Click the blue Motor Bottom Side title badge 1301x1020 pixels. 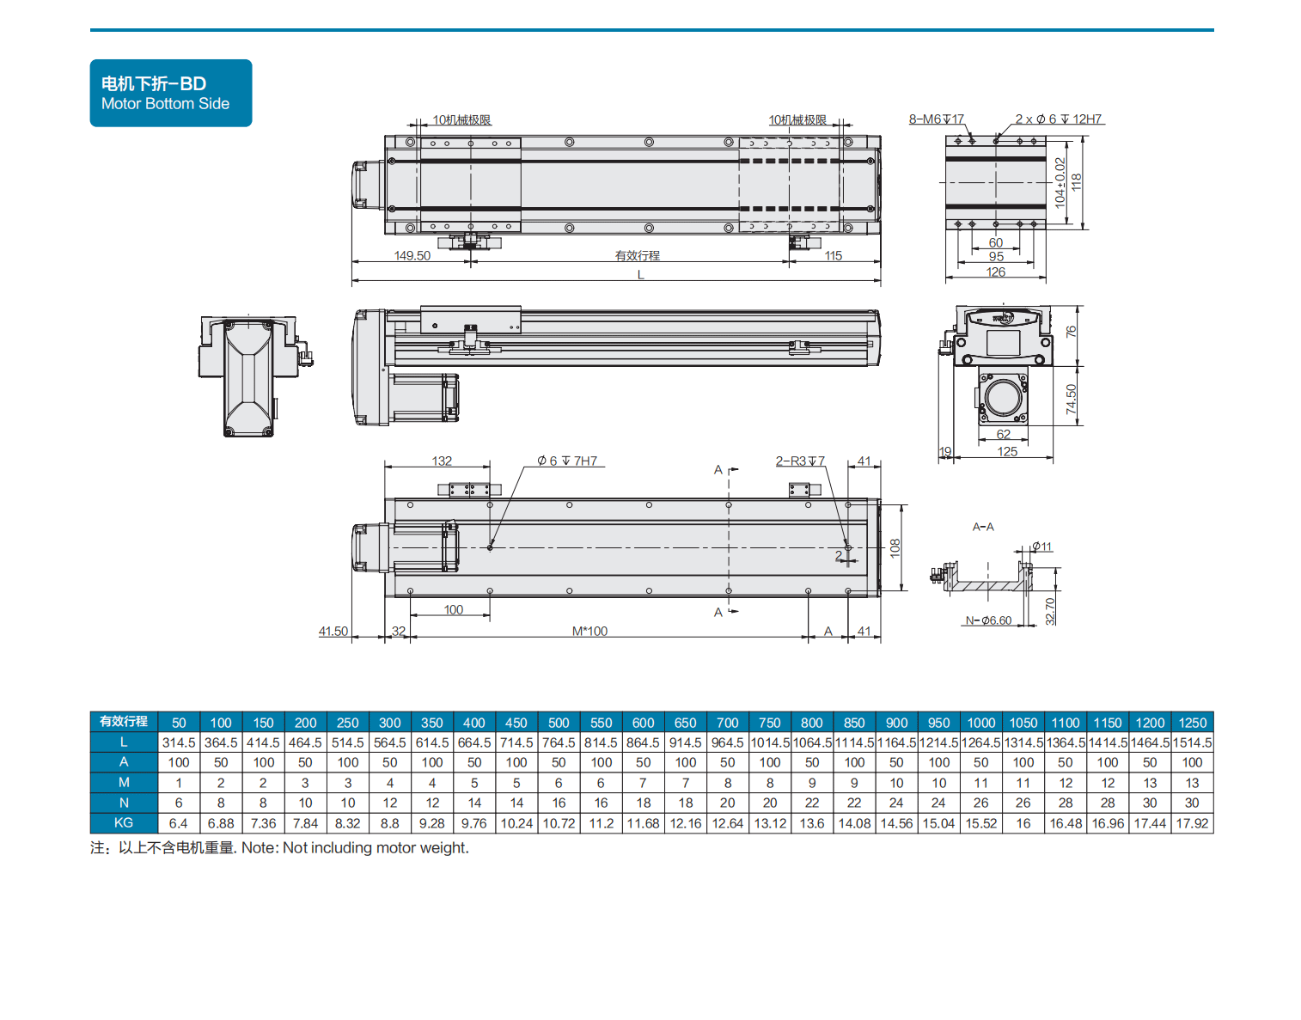point(170,93)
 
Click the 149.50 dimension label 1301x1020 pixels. point(412,256)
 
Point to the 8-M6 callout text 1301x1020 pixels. point(936,119)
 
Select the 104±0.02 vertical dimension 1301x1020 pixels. point(1060,182)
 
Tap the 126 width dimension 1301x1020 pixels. point(996,272)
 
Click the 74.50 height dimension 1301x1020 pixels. point(1072,399)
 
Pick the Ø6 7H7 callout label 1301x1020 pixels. point(567,461)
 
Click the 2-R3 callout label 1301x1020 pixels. point(800,461)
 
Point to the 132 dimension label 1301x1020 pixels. point(442,461)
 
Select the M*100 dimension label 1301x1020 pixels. point(589,632)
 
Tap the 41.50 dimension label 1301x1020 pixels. point(333,632)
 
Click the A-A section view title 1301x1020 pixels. point(983,527)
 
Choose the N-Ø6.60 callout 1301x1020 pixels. point(988,620)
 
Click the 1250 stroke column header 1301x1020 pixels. point(1192,723)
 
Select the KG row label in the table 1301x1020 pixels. point(124,823)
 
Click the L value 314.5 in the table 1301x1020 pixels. point(179,742)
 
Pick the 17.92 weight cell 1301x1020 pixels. point(1192,823)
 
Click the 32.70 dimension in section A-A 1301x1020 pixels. point(1050,611)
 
